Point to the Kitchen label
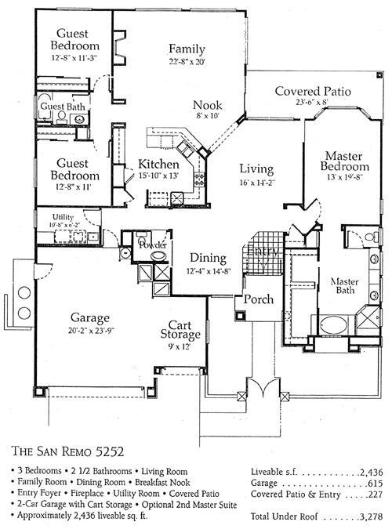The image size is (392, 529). coord(160,164)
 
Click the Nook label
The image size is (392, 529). coord(208,105)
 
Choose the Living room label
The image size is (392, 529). coord(256,169)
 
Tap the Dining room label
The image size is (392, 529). coord(207,258)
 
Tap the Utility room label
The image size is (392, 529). coord(63,216)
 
